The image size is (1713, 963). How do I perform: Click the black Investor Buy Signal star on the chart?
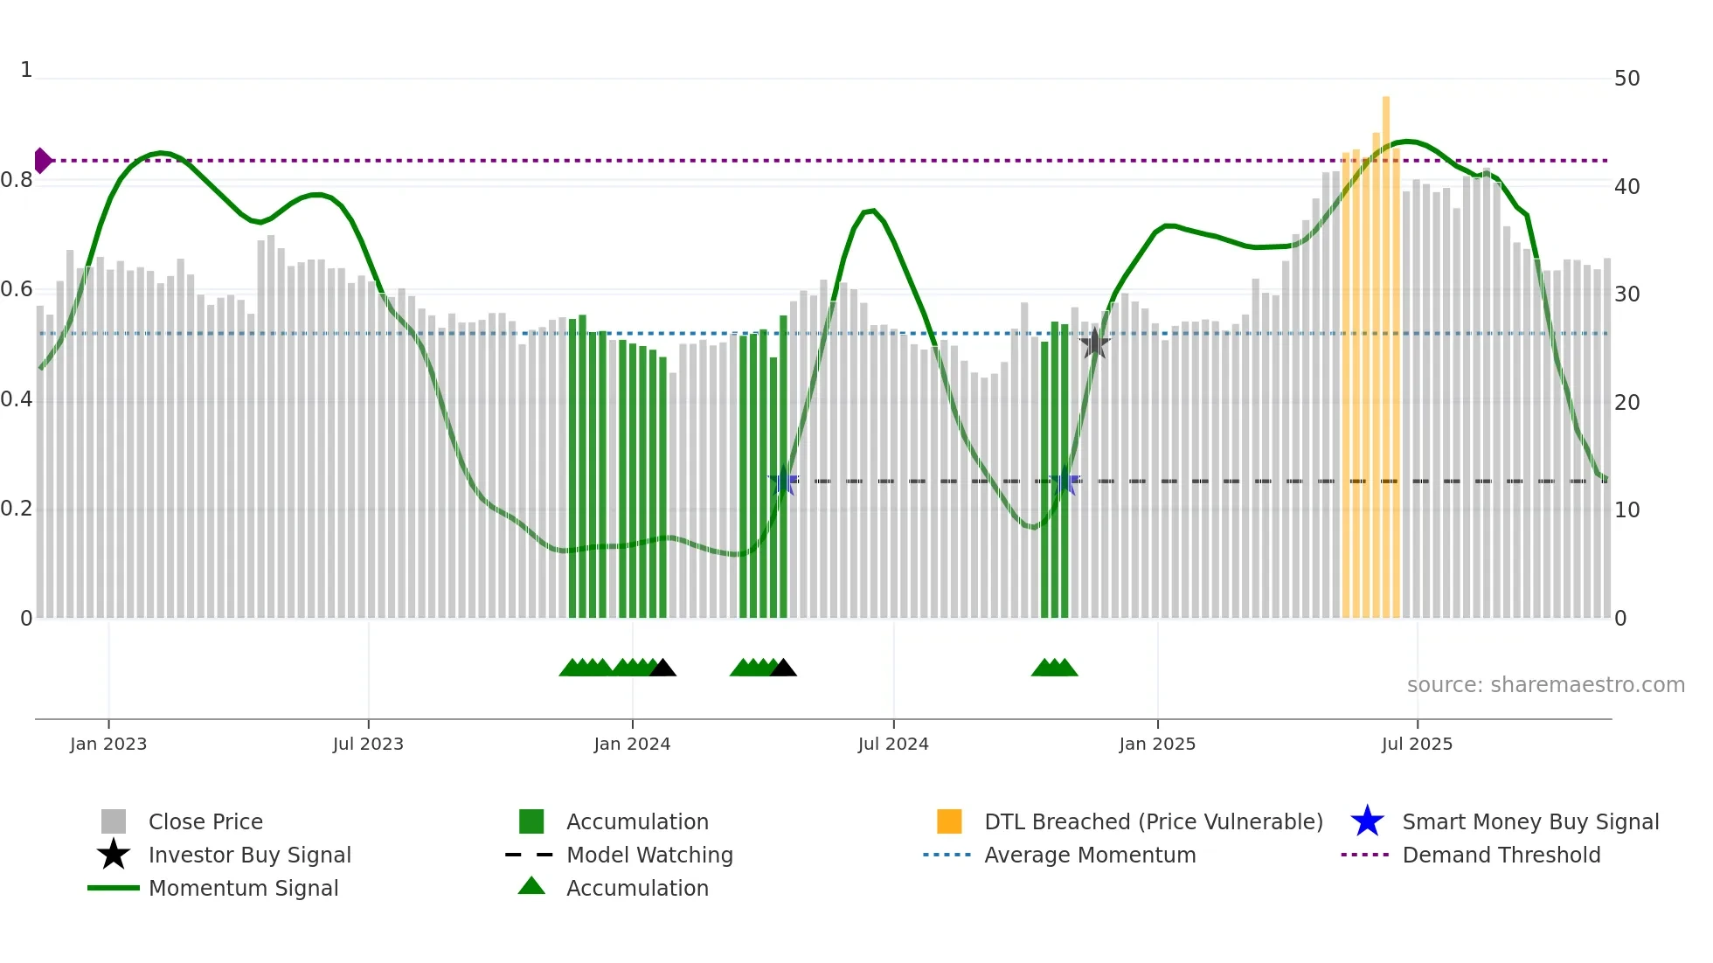[1094, 343]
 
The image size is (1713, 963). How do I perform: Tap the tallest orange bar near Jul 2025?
[1386, 350]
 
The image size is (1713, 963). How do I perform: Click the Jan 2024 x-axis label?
[632, 745]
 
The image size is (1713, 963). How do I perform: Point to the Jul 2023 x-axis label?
[368, 745]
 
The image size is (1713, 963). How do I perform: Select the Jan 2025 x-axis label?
[1157, 745]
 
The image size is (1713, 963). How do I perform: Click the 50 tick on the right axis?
[1626, 79]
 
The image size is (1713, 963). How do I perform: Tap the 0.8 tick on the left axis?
[17, 181]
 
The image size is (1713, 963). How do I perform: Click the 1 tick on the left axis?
[26, 70]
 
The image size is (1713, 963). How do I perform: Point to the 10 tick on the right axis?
[1626, 510]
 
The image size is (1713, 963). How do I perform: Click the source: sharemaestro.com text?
[1545, 685]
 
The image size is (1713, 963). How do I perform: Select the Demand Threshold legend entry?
[1501, 856]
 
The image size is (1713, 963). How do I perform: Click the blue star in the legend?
[1367, 822]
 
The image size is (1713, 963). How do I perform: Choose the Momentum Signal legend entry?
[243, 889]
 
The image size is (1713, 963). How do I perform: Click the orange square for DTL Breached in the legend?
[949, 822]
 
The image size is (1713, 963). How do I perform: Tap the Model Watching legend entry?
[649, 856]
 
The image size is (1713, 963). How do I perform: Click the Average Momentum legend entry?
[1089, 856]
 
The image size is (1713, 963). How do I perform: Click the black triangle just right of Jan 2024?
[663, 669]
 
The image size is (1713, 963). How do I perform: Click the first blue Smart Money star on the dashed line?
[784, 481]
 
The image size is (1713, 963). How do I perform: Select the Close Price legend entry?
[205, 822]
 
